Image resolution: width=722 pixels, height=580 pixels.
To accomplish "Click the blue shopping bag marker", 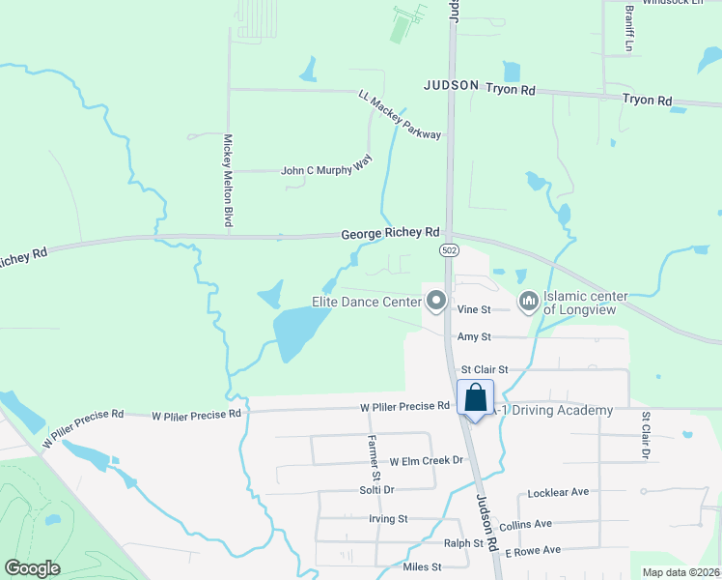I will coord(475,397).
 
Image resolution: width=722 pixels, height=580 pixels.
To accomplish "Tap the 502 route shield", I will coord(450,249).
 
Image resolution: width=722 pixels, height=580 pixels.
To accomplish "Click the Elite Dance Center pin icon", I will coord(436,302).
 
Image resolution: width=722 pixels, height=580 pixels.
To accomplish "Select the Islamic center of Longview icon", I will coord(528,303).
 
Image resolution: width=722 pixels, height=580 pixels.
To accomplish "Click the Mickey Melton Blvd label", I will coord(229,181).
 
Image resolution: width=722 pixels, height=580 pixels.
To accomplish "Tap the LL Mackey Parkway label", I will coord(400,115).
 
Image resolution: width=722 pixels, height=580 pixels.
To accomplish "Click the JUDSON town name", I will coord(451,85).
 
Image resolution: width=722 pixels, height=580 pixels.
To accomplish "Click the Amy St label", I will coord(474,336).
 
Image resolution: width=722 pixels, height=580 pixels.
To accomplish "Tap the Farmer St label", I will coord(374,458).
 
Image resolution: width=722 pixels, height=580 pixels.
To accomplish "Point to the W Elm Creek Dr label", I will coord(428,462).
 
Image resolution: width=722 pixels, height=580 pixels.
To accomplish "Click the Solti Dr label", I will coord(376,490).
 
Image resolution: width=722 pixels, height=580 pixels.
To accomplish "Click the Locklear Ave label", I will coord(558,493).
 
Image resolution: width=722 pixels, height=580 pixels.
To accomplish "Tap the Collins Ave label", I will coord(525,524).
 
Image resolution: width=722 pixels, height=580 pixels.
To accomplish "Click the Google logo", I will coord(32,568).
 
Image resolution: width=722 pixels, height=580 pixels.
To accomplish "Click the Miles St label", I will coord(422,566).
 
